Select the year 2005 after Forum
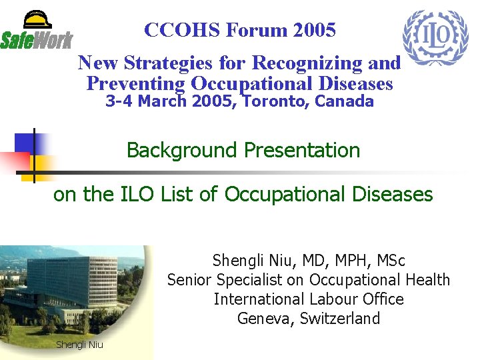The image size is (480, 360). [313, 30]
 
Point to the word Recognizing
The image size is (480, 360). [309, 63]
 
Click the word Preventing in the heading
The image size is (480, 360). [135, 84]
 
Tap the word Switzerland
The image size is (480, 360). [339, 319]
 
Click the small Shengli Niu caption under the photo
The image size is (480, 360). [79, 345]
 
